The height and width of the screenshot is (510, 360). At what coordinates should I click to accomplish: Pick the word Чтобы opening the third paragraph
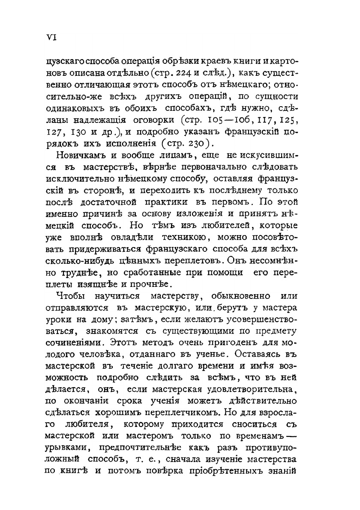(x=70, y=295)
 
